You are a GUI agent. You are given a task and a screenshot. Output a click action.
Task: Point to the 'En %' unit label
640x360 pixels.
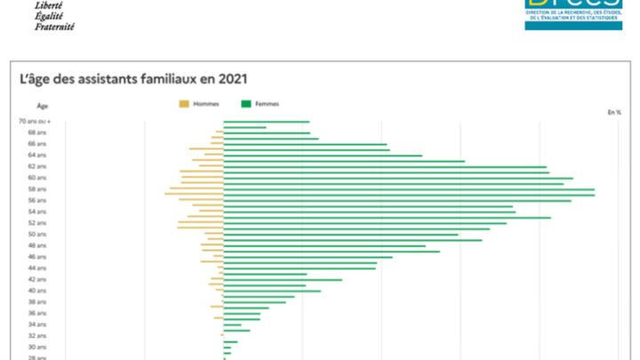click(614, 112)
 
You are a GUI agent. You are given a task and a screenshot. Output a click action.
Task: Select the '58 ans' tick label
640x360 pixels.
click(37, 189)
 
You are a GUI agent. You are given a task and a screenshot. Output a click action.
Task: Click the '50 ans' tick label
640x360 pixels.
click(37, 234)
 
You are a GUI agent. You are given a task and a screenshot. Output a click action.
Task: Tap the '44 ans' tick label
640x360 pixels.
click(37, 268)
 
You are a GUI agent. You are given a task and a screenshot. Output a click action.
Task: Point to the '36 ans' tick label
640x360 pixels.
click(37, 313)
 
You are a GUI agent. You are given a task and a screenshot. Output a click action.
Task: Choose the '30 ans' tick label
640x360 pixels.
click(37, 347)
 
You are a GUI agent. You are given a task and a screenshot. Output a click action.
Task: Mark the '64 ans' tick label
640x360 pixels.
click(37, 156)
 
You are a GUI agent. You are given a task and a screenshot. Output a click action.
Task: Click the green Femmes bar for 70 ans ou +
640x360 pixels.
click(266, 122)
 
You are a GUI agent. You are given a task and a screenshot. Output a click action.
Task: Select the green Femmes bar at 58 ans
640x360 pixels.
click(409, 189)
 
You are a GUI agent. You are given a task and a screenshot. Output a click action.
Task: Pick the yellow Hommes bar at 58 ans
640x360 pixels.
click(196, 189)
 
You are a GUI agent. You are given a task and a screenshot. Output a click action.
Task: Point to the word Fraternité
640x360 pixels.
click(54, 27)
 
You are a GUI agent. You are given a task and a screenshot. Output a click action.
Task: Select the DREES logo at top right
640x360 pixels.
click(572, 13)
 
